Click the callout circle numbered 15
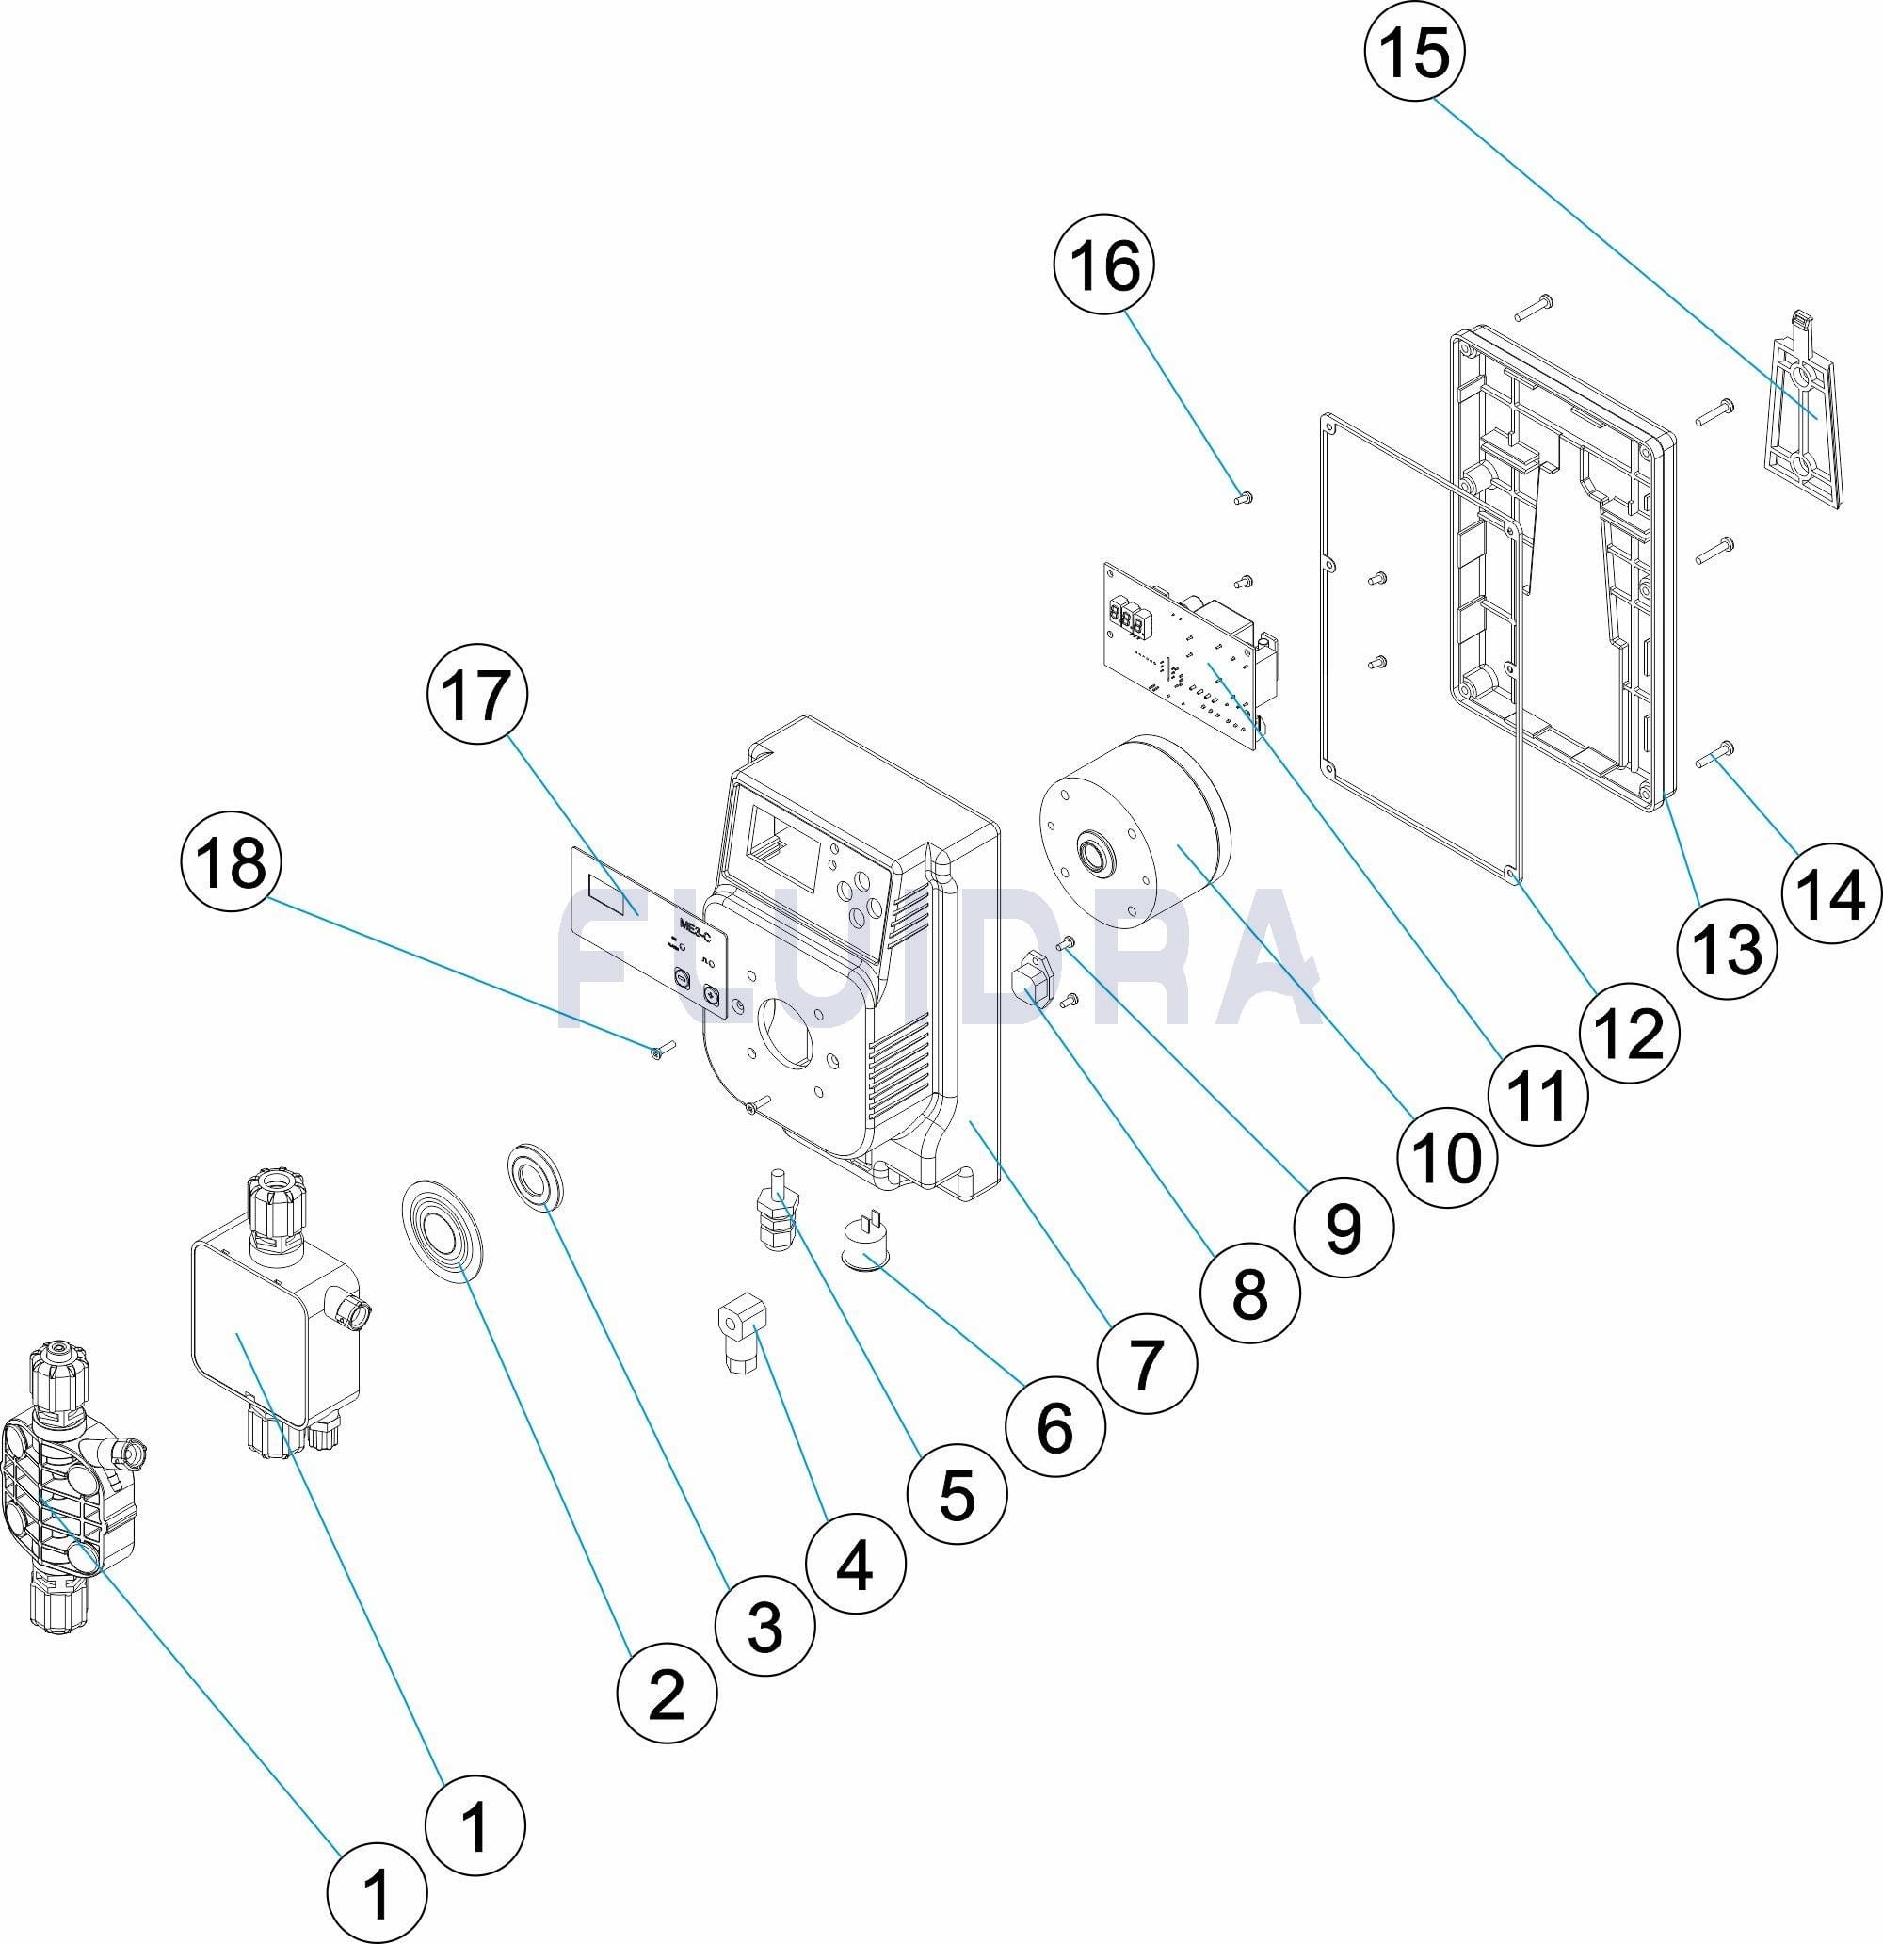tap(1415, 51)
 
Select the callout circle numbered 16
tap(1106, 266)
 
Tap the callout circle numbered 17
tap(477, 697)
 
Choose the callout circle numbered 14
tap(1831, 894)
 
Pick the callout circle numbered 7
tap(1147, 1363)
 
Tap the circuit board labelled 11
tap(1190, 650)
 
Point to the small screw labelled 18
tap(664, 1048)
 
